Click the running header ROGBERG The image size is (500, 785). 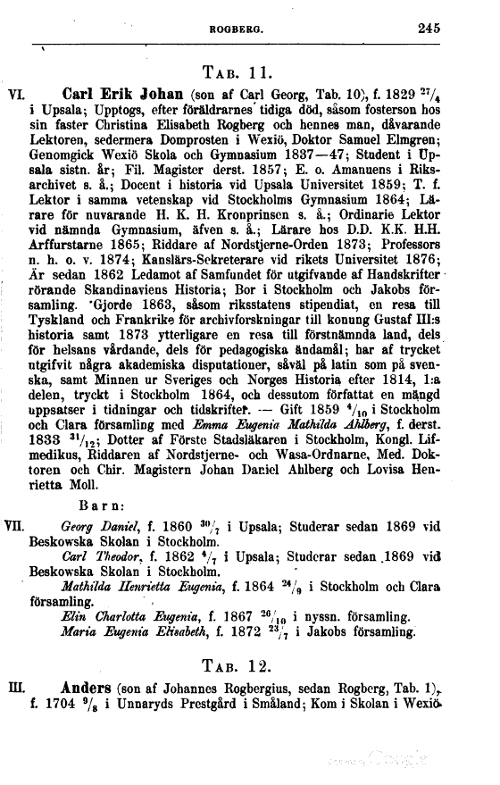234,29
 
